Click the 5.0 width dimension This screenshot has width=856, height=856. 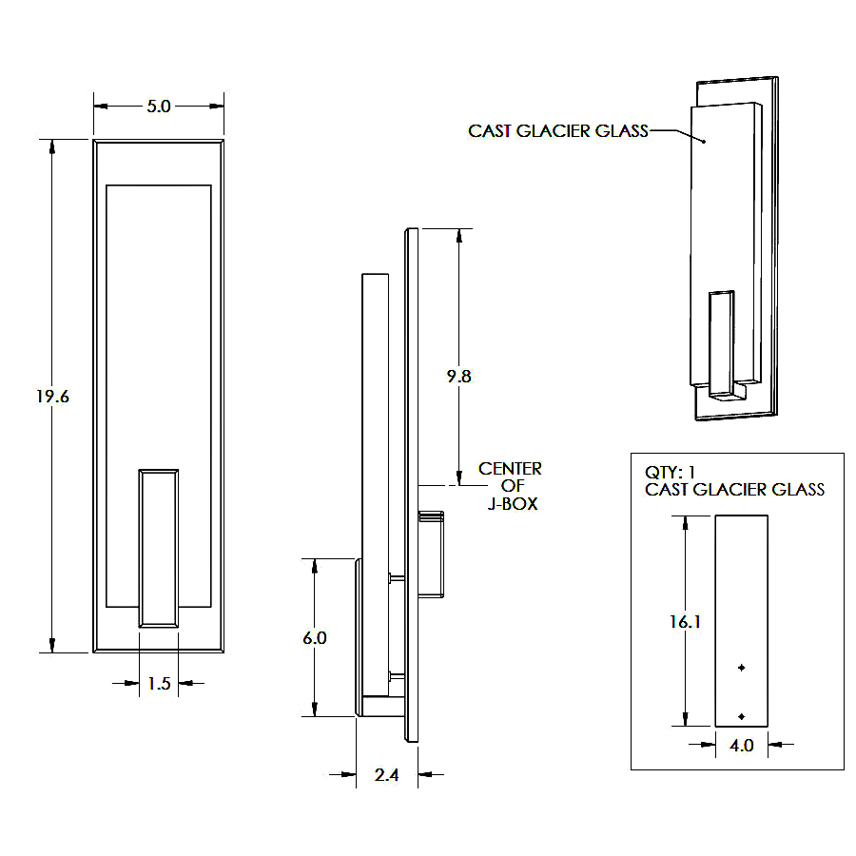pyautogui.click(x=158, y=107)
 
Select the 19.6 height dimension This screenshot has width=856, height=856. pyautogui.click(x=52, y=397)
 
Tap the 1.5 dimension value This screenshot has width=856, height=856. pyautogui.click(x=159, y=684)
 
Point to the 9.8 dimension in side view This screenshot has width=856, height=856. pyautogui.click(x=458, y=376)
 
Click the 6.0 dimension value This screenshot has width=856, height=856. pyautogui.click(x=315, y=637)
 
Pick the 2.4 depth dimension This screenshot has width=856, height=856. pyautogui.click(x=386, y=774)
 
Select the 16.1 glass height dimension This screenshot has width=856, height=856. pyautogui.click(x=685, y=621)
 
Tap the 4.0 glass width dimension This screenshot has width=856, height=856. pyautogui.click(x=741, y=745)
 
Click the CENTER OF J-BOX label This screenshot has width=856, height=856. pyautogui.click(x=511, y=486)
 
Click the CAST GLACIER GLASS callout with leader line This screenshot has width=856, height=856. pyautogui.click(x=558, y=131)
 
